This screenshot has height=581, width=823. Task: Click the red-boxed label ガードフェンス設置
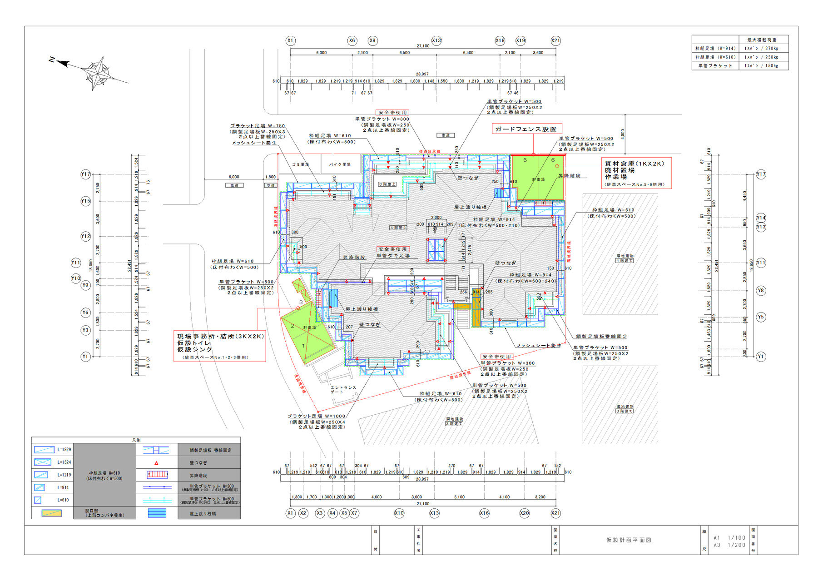click(x=527, y=129)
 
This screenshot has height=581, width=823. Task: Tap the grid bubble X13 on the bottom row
click(x=434, y=513)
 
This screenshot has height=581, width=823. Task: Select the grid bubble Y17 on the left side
click(x=85, y=174)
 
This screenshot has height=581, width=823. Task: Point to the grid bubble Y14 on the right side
click(x=761, y=218)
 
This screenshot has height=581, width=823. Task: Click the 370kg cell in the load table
click(x=762, y=48)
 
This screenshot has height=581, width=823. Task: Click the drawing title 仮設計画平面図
click(x=629, y=540)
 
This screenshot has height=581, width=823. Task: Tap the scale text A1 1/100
click(x=729, y=537)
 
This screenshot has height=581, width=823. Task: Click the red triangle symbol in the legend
click(x=156, y=463)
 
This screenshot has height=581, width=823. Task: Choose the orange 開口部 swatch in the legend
click(x=52, y=513)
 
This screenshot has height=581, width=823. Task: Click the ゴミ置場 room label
click(x=300, y=164)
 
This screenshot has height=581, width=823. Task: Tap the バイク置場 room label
click(x=340, y=164)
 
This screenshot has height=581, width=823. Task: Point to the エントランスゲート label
click(x=343, y=389)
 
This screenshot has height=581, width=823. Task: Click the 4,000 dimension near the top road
click(x=623, y=134)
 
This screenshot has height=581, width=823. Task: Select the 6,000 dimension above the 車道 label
click(x=233, y=177)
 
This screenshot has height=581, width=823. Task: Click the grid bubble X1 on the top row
click(x=290, y=40)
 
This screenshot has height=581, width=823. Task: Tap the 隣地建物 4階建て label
click(x=625, y=258)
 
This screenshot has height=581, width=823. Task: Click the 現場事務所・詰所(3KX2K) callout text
click(x=220, y=336)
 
